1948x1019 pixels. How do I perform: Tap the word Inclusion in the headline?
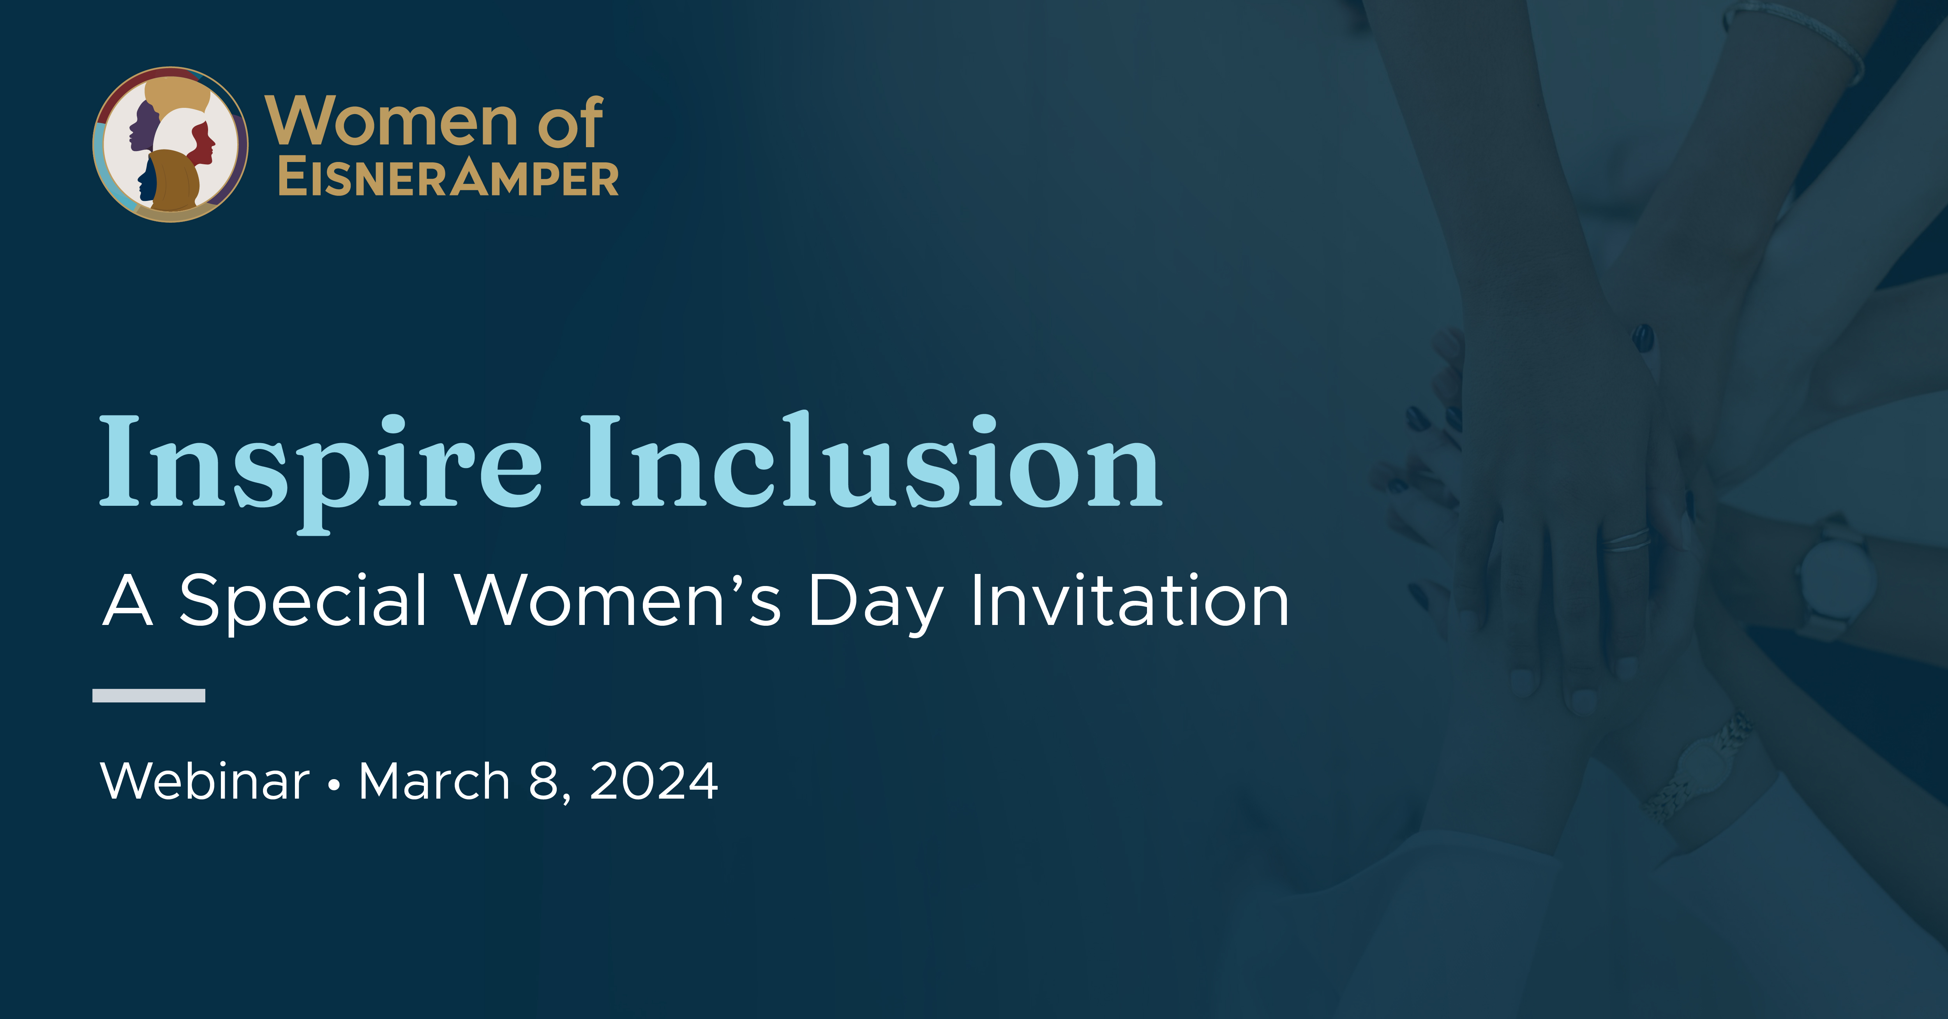click(870, 463)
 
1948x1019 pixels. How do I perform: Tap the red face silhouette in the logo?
click(203, 142)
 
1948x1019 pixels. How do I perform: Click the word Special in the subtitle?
click(302, 601)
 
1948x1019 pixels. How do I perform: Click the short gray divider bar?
click(149, 695)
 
